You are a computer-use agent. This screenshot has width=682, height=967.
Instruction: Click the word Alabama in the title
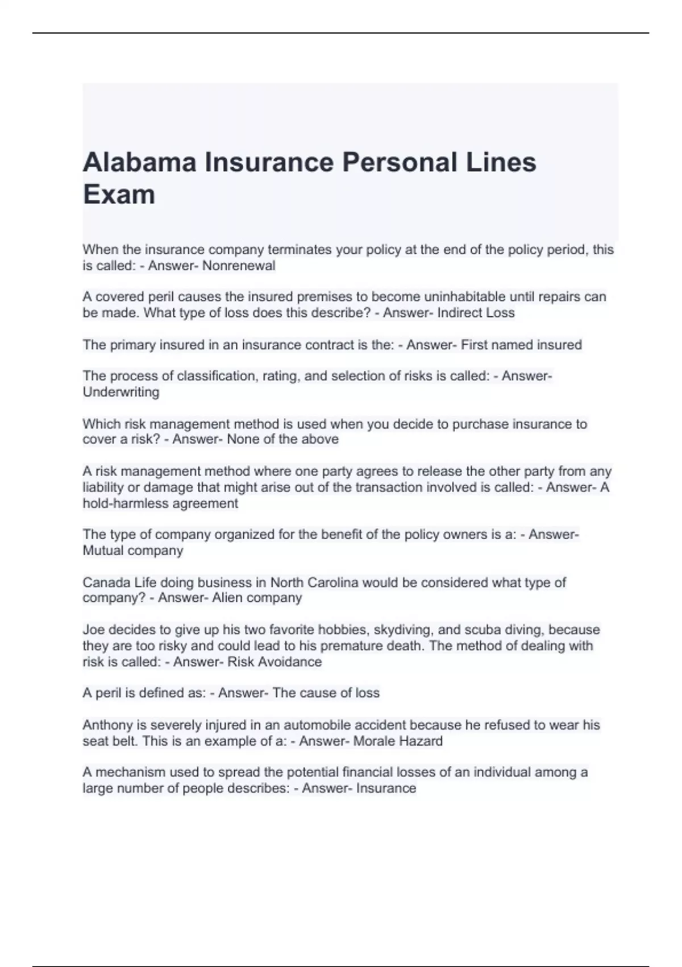pos(140,163)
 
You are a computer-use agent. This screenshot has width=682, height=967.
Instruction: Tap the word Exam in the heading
pos(119,195)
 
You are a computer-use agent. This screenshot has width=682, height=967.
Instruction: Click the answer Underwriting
pos(121,392)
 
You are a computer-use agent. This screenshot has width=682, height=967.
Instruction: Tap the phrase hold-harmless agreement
pos(160,503)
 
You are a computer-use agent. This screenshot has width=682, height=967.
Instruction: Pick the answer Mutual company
pos(133,551)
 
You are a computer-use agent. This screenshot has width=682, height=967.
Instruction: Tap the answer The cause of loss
pos(326,693)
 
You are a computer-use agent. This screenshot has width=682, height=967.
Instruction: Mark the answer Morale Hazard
pos(398,741)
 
